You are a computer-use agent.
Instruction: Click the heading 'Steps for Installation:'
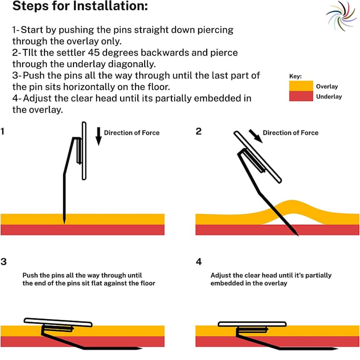click(80, 6)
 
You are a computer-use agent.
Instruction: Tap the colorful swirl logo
click(341, 16)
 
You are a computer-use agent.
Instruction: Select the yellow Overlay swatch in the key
click(301, 86)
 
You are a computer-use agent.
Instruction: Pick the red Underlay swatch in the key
click(301, 96)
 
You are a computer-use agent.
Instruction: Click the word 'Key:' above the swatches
click(295, 76)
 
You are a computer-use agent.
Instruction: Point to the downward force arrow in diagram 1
click(98, 136)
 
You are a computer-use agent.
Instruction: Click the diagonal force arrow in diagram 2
click(256, 136)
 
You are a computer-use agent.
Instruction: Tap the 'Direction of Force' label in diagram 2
click(291, 133)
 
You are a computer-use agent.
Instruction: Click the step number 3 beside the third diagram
click(4, 262)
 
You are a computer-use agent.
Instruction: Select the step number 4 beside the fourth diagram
click(199, 262)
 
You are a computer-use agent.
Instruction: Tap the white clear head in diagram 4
click(252, 324)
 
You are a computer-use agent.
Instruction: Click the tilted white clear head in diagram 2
click(258, 157)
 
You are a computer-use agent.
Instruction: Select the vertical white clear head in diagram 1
click(84, 151)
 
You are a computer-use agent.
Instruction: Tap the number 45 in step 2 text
click(94, 53)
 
